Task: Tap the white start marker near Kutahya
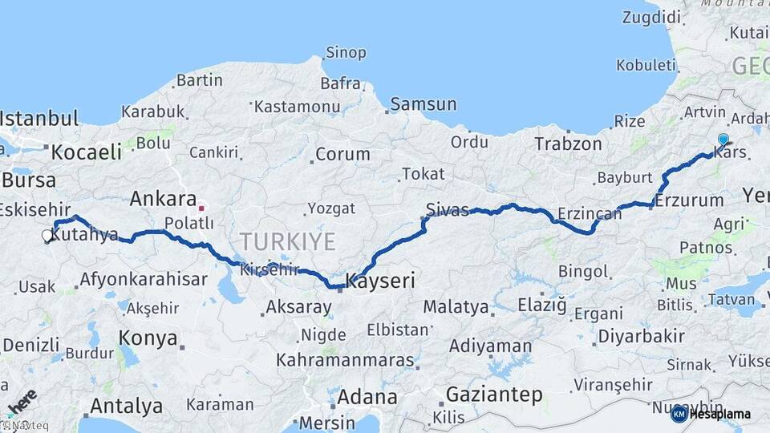tap(47, 236)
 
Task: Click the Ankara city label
tap(163, 198)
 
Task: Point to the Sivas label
tap(447, 211)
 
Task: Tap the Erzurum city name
tap(689, 200)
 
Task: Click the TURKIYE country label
tap(286, 240)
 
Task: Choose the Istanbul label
tap(39, 119)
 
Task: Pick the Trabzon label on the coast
tap(568, 144)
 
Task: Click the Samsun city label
tap(424, 104)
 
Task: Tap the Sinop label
tap(346, 53)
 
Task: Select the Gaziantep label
tap(494, 395)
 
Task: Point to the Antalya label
tap(127, 406)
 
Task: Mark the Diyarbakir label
tap(641, 336)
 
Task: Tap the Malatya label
tap(456, 306)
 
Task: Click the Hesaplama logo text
tap(719, 414)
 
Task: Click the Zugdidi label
tap(652, 16)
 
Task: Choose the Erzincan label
tap(590, 212)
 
